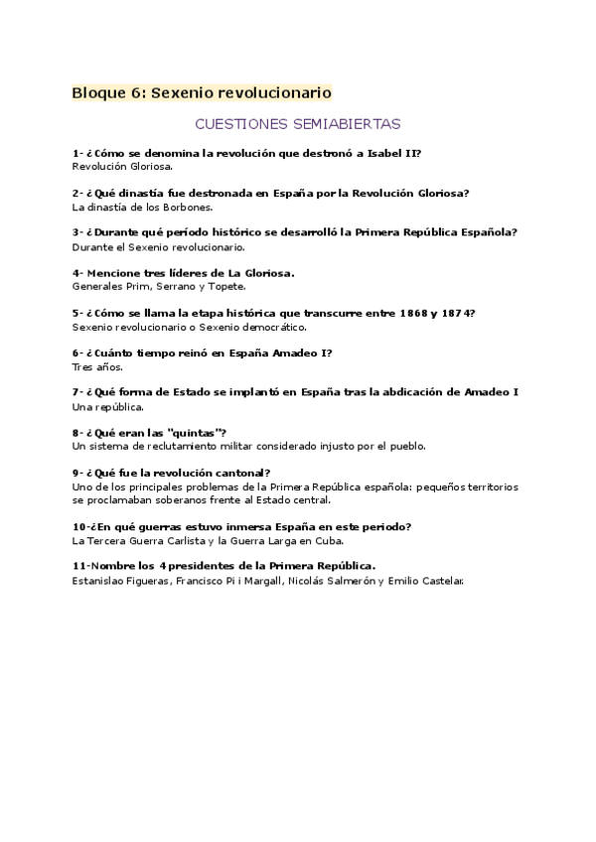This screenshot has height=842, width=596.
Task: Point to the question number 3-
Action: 77,232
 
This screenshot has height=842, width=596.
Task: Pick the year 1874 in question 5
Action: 455,313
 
